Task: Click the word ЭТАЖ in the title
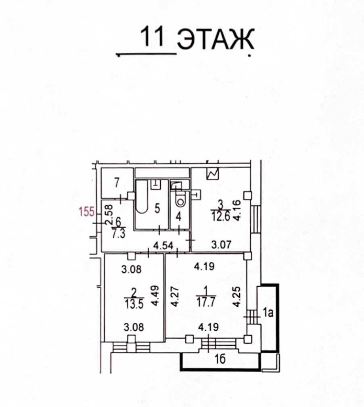(x=215, y=39)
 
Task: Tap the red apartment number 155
(x=87, y=211)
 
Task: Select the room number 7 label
(x=117, y=183)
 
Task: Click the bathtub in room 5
(x=142, y=196)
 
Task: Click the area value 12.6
(x=220, y=216)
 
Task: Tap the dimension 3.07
(x=221, y=244)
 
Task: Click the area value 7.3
(x=119, y=234)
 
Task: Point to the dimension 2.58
(x=109, y=215)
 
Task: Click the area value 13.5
(x=134, y=304)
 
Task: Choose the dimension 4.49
(x=155, y=296)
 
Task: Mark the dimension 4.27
(x=175, y=296)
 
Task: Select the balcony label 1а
(x=268, y=313)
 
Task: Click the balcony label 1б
(x=220, y=359)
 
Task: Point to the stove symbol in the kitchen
(x=213, y=173)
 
